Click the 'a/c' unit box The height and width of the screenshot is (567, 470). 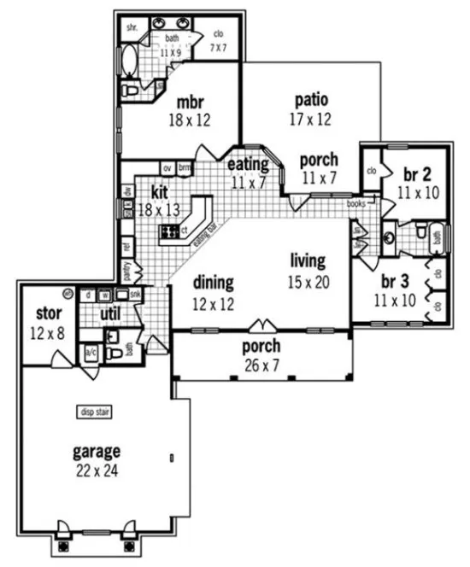[91, 352]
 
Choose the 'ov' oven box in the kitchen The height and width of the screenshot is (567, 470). [167, 167]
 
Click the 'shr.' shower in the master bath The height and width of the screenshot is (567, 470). [132, 26]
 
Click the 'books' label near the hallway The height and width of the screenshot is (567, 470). [356, 205]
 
